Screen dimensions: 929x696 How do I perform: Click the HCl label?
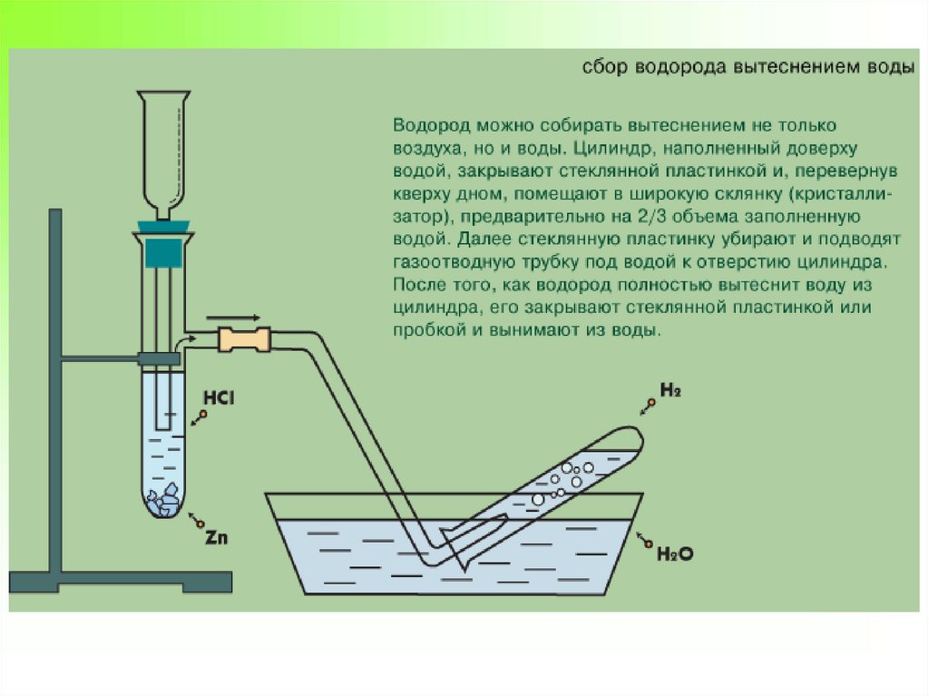(219, 397)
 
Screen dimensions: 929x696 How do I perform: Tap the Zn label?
(216, 538)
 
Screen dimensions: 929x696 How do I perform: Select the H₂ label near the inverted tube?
(670, 390)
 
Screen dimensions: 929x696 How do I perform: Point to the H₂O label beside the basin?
(675, 554)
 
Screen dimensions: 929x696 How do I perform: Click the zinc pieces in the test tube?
(163, 500)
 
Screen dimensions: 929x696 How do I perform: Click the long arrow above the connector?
(233, 318)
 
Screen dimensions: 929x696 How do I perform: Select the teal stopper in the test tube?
(163, 243)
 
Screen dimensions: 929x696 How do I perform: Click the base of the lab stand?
(121, 582)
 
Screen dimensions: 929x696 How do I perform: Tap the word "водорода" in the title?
(680, 67)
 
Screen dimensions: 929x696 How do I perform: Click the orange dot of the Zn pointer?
(200, 524)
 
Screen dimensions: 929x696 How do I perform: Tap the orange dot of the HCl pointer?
(203, 414)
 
